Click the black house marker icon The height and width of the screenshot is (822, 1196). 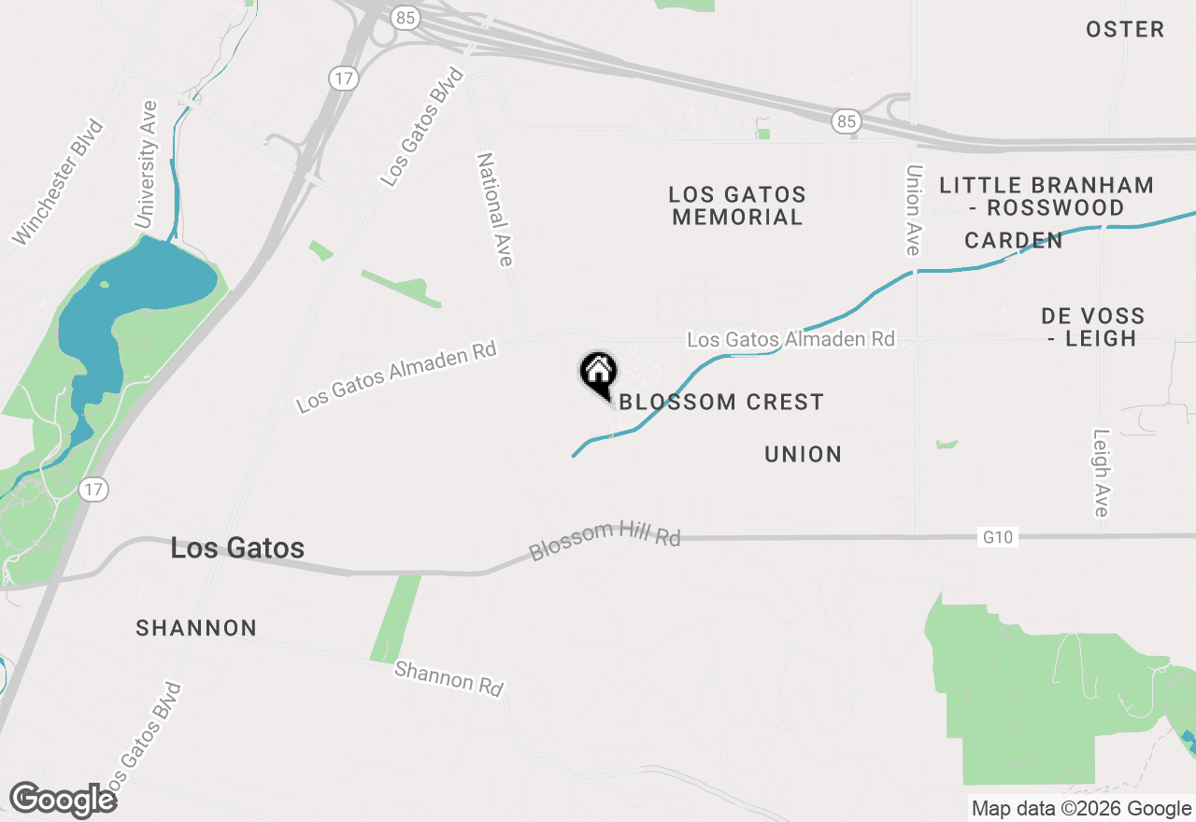pyautogui.click(x=598, y=374)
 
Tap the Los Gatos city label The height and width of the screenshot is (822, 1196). pyautogui.click(x=237, y=548)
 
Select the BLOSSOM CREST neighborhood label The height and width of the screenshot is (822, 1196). pyautogui.click(x=721, y=403)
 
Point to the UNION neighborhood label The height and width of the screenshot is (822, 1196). pyautogui.click(x=804, y=455)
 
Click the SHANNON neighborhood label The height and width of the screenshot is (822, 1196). pyautogui.click(x=196, y=629)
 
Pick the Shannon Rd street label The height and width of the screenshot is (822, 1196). pyautogui.click(x=448, y=678)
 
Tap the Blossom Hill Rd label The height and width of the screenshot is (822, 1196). pyautogui.click(x=605, y=540)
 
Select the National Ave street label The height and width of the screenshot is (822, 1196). pyautogui.click(x=495, y=210)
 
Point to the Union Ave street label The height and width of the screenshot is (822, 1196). pyautogui.click(x=913, y=210)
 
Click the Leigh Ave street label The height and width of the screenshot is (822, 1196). pyautogui.click(x=1101, y=473)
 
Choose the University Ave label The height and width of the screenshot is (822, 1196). pyautogui.click(x=147, y=164)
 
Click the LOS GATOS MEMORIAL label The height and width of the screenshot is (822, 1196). pyautogui.click(x=737, y=205)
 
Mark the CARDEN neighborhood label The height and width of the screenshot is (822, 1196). pyautogui.click(x=1014, y=241)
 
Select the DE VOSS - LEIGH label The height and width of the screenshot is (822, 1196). pyautogui.click(x=1092, y=327)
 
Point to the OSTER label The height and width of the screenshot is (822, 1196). pyautogui.click(x=1125, y=30)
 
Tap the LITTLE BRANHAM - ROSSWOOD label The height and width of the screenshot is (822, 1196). pyautogui.click(x=1046, y=196)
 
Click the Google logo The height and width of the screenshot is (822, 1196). pyautogui.click(x=64, y=801)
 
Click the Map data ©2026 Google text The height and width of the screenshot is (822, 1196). pyautogui.click(x=1081, y=809)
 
